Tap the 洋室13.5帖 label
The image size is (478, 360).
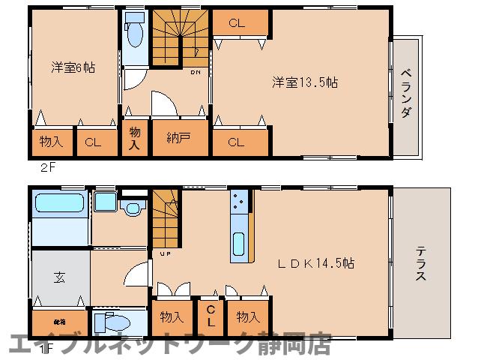click(304, 82)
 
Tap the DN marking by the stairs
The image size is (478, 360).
click(194, 73)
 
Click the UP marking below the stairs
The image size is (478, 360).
click(164, 253)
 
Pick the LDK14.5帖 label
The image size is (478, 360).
click(318, 264)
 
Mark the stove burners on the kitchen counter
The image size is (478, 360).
click(240, 201)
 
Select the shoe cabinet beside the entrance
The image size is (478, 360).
click(60, 321)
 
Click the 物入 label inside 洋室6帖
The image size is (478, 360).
click(52, 140)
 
